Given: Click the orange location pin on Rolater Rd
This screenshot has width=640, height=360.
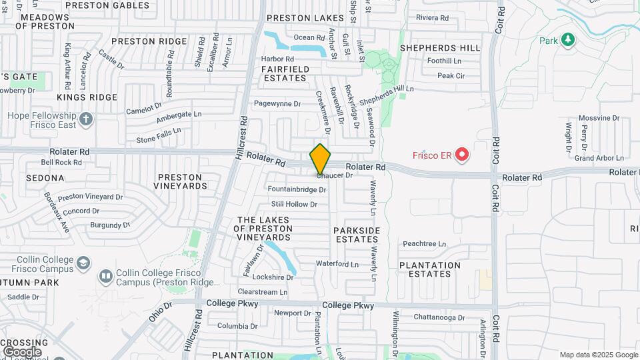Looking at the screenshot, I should (x=321, y=159).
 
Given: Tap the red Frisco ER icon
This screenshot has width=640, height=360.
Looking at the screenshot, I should (x=461, y=156).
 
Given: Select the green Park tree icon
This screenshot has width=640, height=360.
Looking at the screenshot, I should (x=567, y=41).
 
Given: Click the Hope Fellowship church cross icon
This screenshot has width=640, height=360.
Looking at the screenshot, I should (x=85, y=120).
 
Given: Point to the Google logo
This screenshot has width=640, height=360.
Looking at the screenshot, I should (x=21, y=351).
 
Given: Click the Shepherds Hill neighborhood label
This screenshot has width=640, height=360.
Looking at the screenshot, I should (x=439, y=48).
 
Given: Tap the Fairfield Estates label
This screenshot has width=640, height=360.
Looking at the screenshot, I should (x=285, y=73).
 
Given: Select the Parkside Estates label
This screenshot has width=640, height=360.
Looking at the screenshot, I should (x=357, y=235).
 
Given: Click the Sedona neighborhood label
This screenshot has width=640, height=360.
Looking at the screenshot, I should (x=45, y=178).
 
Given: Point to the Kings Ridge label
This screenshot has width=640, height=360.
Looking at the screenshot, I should (x=87, y=97).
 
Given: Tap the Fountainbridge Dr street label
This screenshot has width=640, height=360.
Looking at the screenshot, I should (x=297, y=189).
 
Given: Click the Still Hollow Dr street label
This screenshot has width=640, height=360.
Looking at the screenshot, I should (x=294, y=204).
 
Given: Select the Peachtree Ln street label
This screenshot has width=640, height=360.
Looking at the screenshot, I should (x=424, y=244).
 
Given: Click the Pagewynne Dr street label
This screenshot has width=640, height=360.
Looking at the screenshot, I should (x=278, y=104).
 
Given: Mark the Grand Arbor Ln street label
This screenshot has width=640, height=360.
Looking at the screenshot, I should (x=599, y=158).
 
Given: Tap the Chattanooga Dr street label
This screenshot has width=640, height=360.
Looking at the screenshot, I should (x=439, y=317).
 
